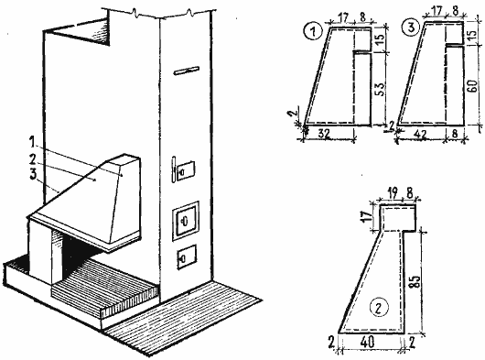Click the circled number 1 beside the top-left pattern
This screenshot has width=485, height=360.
(x=313, y=31)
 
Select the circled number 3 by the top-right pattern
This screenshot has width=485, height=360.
(x=411, y=27)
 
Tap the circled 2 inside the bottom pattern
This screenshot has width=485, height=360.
(x=379, y=308)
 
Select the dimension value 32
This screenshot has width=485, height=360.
(x=323, y=134)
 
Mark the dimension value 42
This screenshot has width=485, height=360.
(x=419, y=134)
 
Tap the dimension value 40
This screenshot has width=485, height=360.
(x=367, y=342)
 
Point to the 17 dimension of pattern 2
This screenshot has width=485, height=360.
(x=368, y=218)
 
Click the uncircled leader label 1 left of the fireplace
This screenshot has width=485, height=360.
(x=32, y=143)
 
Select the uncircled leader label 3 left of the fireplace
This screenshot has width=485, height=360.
(x=33, y=174)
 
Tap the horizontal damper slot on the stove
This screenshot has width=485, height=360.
(x=187, y=71)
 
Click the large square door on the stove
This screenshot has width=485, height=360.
(x=186, y=221)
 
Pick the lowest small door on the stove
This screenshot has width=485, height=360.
(x=187, y=256)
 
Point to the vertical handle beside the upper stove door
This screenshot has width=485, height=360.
(x=174, y=169)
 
